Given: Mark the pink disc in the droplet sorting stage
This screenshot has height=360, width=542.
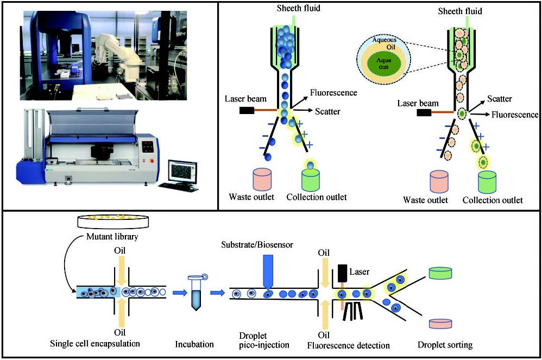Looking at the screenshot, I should tap(441, 324).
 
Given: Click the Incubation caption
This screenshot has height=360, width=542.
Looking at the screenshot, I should tap(194, 345).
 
